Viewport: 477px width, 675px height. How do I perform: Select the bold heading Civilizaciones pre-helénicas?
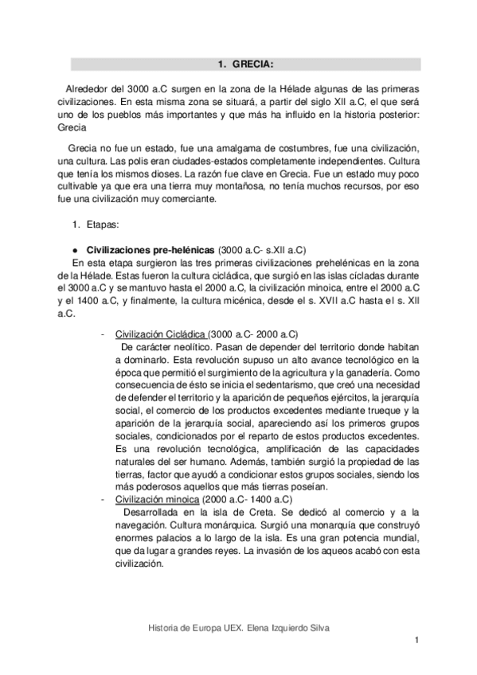click(x=151, y=249)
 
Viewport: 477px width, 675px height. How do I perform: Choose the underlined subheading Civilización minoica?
click(x=157, y=499)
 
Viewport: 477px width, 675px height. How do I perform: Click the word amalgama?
click(x=219, y=150)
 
